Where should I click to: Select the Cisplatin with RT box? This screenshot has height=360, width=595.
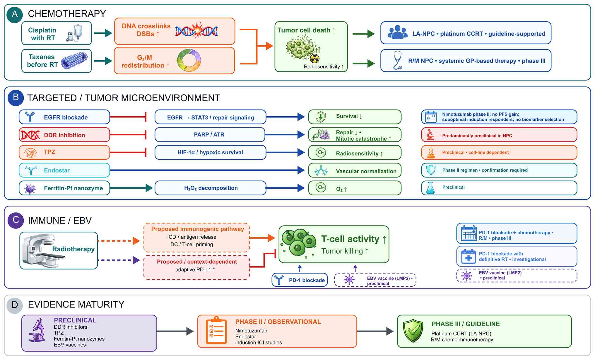[57, 33]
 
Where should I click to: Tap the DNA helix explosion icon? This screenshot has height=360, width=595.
[196, 30]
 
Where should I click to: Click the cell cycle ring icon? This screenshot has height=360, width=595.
[189, 60]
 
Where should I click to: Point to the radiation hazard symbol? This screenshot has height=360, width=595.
[314, 59]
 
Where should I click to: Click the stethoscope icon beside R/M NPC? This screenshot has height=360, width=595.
[397, 60]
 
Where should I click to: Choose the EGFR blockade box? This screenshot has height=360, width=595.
[64, 117]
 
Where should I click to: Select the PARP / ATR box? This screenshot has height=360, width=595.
[210, 134]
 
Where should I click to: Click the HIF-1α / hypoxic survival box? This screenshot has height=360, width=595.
[210, 152]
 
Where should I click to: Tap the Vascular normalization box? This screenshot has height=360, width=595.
[355, 170]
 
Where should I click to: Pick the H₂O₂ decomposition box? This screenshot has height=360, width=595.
[210, 188]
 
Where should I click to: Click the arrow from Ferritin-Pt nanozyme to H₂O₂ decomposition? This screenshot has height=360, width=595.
[131, 188]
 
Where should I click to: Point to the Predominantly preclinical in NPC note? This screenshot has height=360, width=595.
[499, 135]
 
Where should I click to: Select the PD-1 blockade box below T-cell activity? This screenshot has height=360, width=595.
[300, 280]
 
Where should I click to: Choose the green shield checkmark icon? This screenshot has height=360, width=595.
[413, 331]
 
